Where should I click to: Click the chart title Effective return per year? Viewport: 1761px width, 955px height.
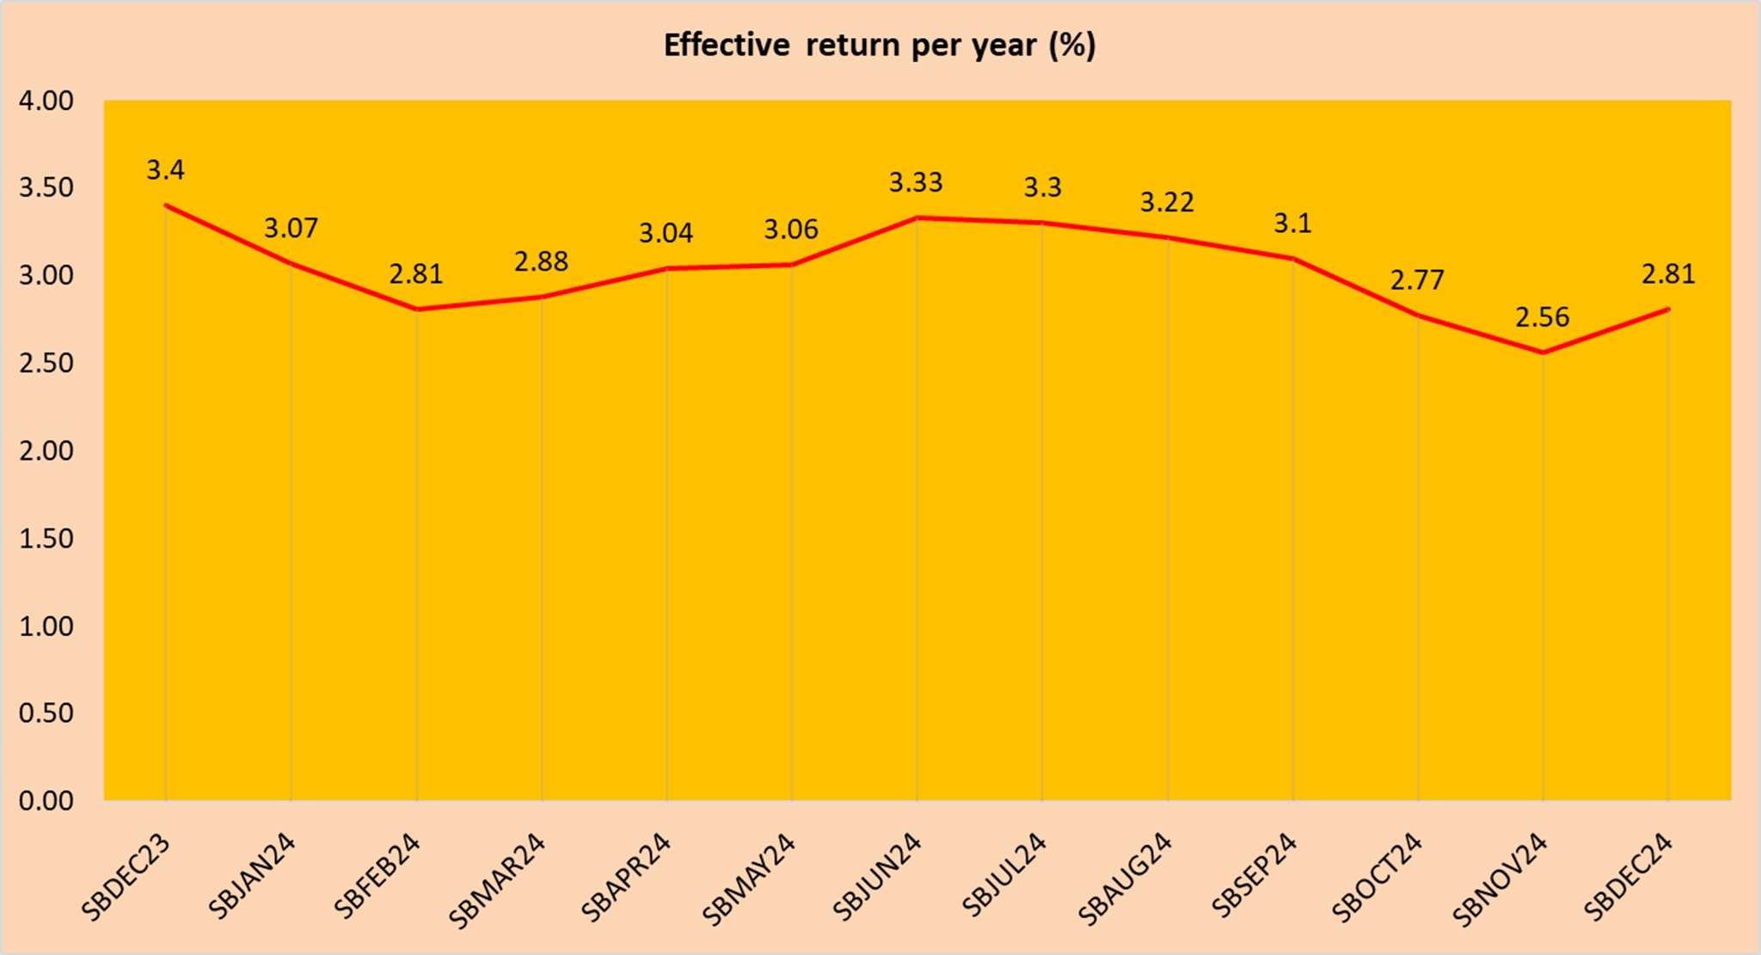pyautogui.click(x=880, y=45)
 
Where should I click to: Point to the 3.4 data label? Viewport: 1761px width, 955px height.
pyautogui.click(x=165, y=170)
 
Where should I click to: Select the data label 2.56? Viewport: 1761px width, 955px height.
pyautogui.click(x=1542, y=317)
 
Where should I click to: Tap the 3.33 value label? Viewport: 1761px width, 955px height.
pyautogui.click(x=916, y=182)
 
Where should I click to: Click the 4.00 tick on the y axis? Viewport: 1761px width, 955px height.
pyautogui.click(x=46, y=101)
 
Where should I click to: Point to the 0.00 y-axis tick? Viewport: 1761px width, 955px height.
pyautogui.click(x=46, y=800)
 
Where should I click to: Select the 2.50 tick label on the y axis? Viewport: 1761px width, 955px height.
pyautogui.click(x=46, y=363)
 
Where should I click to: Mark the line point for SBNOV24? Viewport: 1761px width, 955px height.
pyautogui.click(x=1543, y=352)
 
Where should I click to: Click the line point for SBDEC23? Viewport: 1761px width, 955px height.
pyautogui.click(x=165, y=205)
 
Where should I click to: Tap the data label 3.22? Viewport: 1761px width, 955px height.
pyautogui.click(x=1167, y=202)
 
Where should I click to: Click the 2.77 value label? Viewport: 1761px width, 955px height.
pyautogui.click(x=1417, y=280)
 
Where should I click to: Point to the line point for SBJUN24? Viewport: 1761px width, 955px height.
pyautogui.click(x=917, y=217)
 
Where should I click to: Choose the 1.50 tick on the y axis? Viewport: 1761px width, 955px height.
pyautogui.click(x=46, y=538)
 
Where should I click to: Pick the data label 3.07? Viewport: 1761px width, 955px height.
pyautogui.click(x=291, y=228)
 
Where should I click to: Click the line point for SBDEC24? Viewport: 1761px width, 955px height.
pyautogui.click(x=1668, y=309)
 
